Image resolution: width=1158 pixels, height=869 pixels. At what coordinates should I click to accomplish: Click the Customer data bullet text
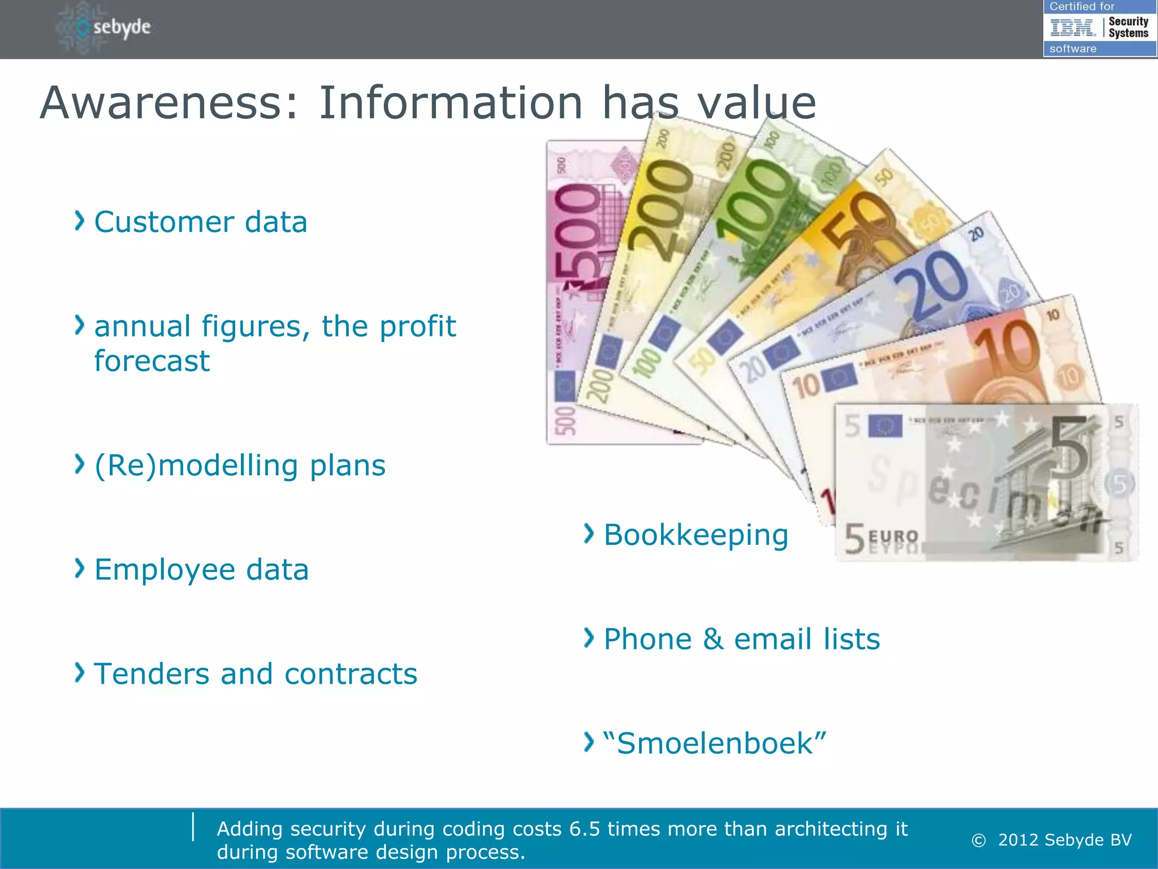tap(200, 222)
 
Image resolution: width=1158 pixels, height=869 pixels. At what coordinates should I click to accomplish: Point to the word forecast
tap(152, 361)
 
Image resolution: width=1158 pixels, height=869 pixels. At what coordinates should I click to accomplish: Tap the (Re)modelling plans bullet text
tap(240, 466)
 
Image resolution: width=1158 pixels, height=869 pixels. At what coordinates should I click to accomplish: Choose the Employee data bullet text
tap(201, 570)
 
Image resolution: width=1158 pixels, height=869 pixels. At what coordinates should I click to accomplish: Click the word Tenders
tap(151, 674)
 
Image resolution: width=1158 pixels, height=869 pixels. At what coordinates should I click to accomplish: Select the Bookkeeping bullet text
tap(695, 535)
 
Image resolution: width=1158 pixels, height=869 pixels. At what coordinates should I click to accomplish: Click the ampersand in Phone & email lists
tap(713, 639)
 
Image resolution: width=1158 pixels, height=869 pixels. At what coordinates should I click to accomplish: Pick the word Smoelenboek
tap(715, 743)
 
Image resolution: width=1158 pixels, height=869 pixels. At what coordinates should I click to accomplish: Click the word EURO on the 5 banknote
tap(893, 535)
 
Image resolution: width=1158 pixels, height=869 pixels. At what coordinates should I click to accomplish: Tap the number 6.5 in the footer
tap(584, 829)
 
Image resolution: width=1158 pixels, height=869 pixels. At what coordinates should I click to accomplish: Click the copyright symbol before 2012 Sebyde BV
tap(978, 841)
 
